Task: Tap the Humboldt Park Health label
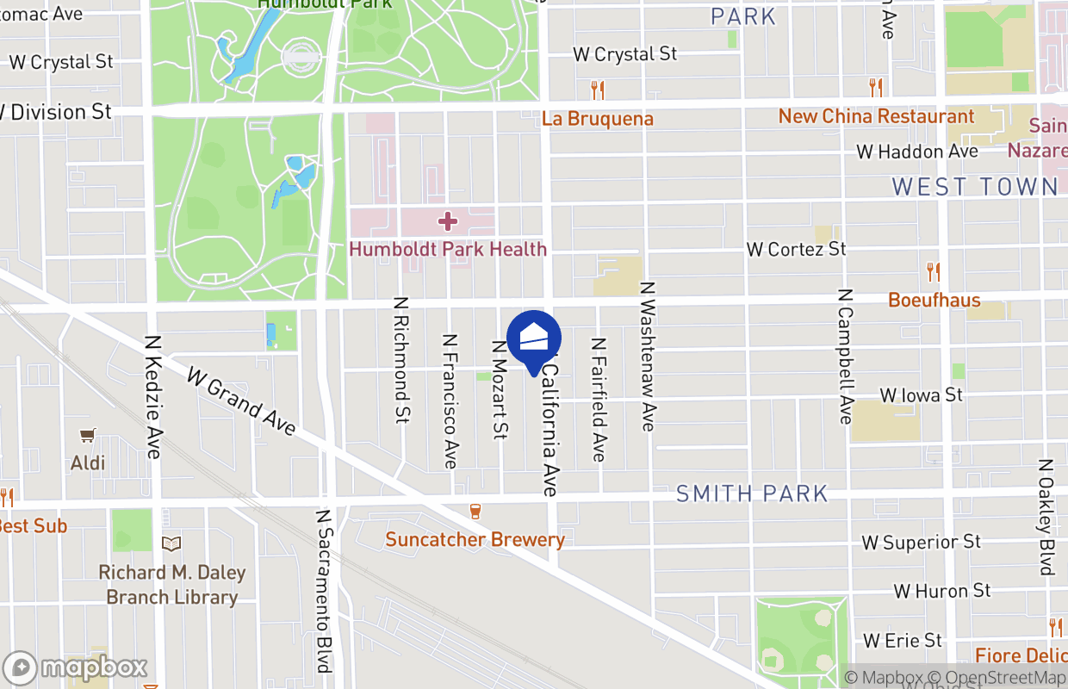point(447,249)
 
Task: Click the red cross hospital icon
point(447,221)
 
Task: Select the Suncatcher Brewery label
point(475,540)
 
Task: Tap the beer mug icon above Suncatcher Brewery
point(475,512)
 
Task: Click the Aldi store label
point(88,463)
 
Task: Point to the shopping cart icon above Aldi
point(87,436)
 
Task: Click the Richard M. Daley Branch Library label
point(171,585)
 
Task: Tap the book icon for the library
point(171,543)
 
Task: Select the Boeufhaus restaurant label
point(934,300)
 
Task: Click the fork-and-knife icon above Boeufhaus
point(934,272)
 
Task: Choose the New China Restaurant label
point(876,116)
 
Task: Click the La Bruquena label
point(598,119)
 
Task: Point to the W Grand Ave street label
point(241,400)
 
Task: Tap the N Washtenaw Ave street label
point(648,356)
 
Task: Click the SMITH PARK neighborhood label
point(752,493)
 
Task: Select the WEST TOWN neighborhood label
point(974,186)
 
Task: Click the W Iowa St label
point(921,394)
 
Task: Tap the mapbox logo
point(76,667)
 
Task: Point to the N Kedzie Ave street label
point(153,397)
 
